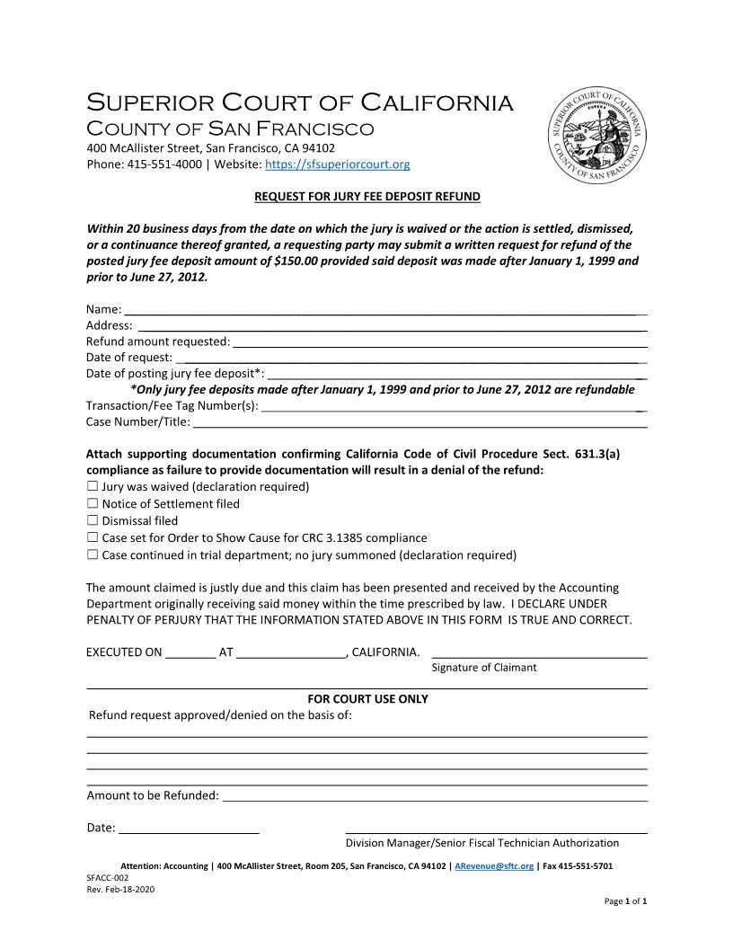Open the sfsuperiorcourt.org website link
point(338,164)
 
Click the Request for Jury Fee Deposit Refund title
point(366,196)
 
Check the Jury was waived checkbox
point(93,486)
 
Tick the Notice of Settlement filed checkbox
point(93,503)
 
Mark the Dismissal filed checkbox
point(93,520)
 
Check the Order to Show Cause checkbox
point(93,537)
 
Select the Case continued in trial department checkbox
point(93,554)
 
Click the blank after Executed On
point(190,652)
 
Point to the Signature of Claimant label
point(484,668)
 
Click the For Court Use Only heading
point(367,699)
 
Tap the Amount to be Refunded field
point(434,795)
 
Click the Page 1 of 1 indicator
point(625,900)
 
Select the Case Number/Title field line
point(419,421)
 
